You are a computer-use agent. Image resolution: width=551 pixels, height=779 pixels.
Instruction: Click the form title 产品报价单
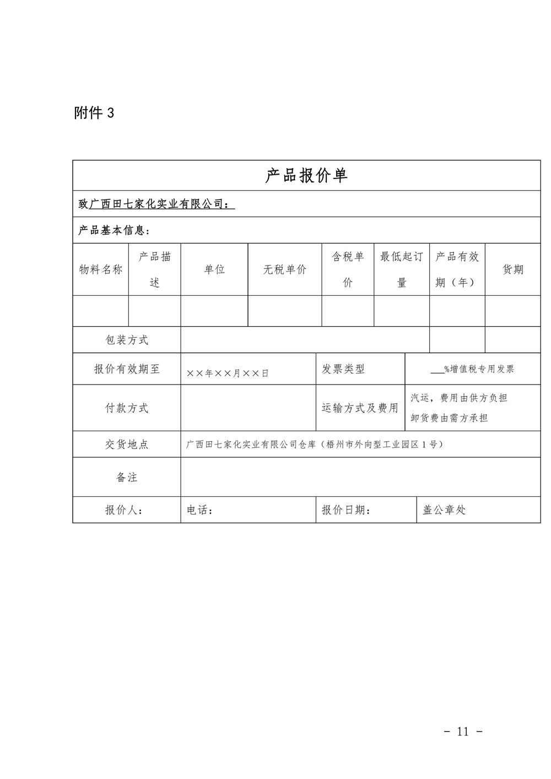click(x=306, y=176)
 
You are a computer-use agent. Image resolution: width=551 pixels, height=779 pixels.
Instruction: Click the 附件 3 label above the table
click(x=94, y=113)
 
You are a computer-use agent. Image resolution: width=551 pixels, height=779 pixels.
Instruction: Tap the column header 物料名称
click(x=101, y=269)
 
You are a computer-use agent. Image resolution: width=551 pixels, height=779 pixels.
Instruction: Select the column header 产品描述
click(x=155, y=269)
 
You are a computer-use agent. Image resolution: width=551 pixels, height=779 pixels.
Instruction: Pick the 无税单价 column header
click(x=285, y=269)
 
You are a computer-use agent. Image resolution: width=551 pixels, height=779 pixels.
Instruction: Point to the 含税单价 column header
click(x=348, y=269)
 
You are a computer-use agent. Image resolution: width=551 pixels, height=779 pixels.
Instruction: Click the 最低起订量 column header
click(x=402, y=269)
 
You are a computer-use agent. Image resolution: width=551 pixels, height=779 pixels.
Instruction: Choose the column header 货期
click(x=513, y=269)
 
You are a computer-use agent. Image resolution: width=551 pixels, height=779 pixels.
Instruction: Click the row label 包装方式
click(x=127, y=340)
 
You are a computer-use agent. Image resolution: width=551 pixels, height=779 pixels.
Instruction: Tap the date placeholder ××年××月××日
click(x=228, y=374)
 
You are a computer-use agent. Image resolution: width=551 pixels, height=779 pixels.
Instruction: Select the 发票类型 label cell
click(x=343, y=369)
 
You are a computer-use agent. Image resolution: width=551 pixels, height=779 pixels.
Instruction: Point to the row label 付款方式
click(x=127, y=408)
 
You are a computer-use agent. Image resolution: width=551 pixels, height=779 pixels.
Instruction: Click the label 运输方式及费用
click(x=360, y=408)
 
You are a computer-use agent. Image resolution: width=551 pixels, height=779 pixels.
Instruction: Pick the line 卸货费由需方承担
click(x=450, y=418)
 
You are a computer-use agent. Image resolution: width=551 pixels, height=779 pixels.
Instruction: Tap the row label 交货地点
click(x=127, y=445)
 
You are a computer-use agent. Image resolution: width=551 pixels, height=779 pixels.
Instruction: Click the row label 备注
click(x=127, y=478)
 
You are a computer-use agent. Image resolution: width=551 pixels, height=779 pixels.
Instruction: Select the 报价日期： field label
click(x=346, y=510)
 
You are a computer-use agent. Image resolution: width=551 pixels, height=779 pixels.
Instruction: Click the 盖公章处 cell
click(x=444, y=510)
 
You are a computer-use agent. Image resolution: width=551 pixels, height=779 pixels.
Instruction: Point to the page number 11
click(x=463, y=732)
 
